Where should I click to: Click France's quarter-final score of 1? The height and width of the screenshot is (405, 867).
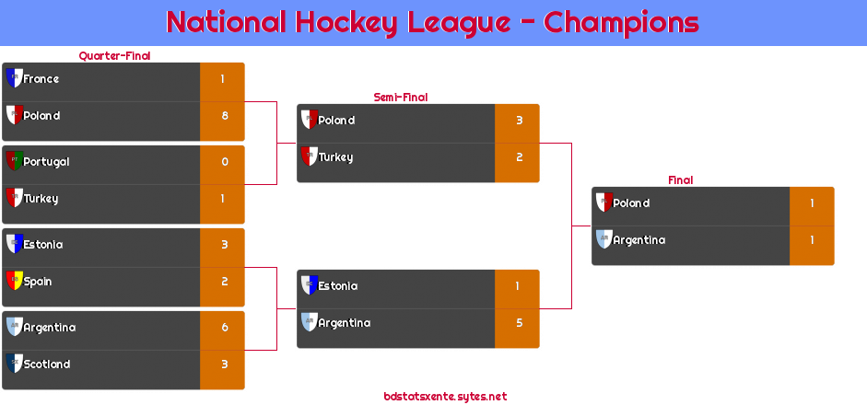tap(222, 79)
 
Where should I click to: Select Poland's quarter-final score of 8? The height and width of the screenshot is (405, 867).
tap(225, 115)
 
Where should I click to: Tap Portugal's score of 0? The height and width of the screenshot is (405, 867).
tap(225, 162)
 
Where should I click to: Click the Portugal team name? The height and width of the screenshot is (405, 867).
tap(46, 162)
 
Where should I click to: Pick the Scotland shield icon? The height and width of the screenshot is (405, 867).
tap(15, 363)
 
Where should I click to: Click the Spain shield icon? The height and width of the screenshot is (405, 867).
tap(15, 280)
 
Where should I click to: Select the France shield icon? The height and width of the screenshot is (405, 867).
tap(15, 78)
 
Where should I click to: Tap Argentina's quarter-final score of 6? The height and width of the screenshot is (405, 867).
tap(225, 328)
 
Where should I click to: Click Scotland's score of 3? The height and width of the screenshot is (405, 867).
tap(225, 364)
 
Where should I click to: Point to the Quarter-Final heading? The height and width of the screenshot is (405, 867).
tap(114, 56)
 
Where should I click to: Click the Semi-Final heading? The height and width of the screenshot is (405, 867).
tap(401, 98)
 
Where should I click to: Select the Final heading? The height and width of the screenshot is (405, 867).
tap(681, 180)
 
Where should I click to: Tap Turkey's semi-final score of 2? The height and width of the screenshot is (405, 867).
tap(520, 156)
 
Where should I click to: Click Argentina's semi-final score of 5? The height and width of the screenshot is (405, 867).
tap(520, 323)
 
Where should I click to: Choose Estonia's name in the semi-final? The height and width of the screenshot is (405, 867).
tap(338, 286)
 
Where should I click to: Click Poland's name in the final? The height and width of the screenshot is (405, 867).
tap(631, 203)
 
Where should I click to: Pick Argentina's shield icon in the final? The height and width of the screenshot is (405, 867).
tap(604, 238)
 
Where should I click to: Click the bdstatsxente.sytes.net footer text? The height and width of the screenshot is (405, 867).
tap(445, 396)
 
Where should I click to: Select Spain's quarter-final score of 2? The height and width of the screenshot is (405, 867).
tap(225, 282)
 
